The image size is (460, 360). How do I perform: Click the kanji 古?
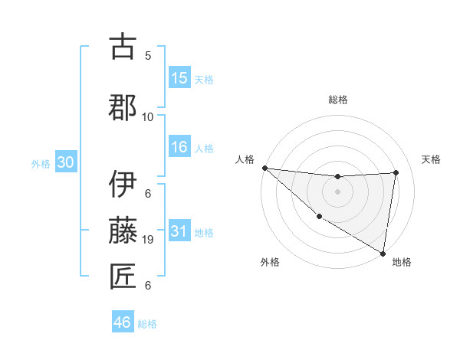(x=123, y=47)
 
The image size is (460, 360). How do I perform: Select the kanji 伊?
(x=123, y=184)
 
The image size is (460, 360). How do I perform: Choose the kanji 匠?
(x=123, y=276)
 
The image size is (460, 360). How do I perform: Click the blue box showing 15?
(x=179, y=78)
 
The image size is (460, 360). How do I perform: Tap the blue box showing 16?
(x=179, y=147)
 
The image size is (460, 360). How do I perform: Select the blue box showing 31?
(x=179, y=231)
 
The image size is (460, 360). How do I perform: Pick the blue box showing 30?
(x=65, y=162)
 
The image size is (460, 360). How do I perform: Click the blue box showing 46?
(x=123, y=322)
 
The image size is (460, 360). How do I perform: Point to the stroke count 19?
(x=148, y=239)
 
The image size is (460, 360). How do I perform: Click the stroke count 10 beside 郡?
(x=148, y=116)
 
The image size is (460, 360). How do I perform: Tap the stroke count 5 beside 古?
(x=148, y=55)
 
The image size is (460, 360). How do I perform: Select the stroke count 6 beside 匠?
(x=148, y=286)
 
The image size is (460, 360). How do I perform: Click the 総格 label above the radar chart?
(x=337, y=100)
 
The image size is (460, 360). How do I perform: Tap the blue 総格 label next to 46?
(x=148, y=324)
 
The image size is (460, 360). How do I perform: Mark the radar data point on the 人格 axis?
(x=264, y=168)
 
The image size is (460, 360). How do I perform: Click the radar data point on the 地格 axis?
(x=383, y=253)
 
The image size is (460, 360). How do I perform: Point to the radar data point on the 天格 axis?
(x=396, y=172)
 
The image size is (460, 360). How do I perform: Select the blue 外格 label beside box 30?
(x=41, y=164)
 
